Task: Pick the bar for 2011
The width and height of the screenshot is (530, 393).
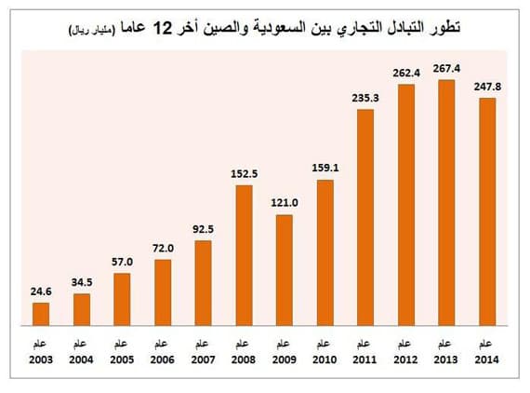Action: click(364, 218)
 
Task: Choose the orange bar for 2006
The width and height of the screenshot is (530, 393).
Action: click(163, 292)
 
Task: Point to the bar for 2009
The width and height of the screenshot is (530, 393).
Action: click(285, 270)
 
